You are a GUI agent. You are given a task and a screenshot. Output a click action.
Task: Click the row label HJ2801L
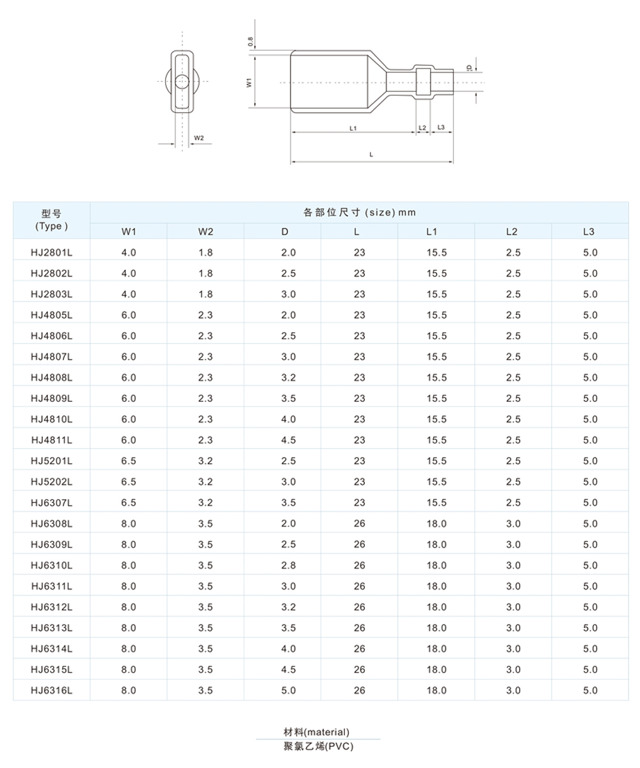[x=51, y=252]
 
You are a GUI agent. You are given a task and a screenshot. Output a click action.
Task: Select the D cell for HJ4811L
[x=289, y=440]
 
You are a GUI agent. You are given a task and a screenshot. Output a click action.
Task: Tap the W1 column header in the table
[x=129, y=231]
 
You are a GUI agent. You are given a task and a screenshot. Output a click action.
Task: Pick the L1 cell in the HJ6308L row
[x=436, y=524]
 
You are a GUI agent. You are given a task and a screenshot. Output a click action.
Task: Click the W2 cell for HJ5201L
[x=205, y=461]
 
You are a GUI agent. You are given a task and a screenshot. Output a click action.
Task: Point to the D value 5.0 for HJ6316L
[x=289, y=690]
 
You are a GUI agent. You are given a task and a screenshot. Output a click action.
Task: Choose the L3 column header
[x=589, y=231]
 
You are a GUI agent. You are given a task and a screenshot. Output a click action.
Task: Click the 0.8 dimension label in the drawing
[x=250, y=42]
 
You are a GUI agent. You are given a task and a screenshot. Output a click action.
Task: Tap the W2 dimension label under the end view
[x=199, y=138]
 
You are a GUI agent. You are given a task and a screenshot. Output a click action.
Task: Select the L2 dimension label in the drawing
[x=422, y=129]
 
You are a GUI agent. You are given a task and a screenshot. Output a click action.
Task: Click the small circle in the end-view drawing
[x=182, y=81]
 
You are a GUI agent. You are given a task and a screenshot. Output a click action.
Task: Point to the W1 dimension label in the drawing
[x=249, y=82]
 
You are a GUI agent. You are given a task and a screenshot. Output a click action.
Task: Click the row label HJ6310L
[x=51, y=565]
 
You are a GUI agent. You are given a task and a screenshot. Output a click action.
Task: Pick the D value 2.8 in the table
[x=289, y=565]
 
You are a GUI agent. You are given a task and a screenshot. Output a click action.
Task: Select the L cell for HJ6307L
[x=359, y=502]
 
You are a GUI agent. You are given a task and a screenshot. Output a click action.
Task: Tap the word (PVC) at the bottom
[x=339, y=746]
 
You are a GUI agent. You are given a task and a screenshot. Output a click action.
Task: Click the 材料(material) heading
[x=317, y=732]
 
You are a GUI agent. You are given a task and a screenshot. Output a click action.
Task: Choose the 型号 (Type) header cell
[x=51, y=220]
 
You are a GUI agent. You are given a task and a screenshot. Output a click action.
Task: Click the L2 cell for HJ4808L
[x=513, y=378]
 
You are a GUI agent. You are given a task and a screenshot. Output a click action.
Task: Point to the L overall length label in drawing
[x=372, y=154]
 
